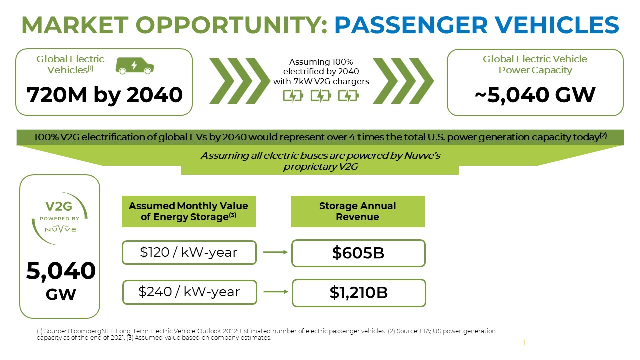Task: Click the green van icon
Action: (x=134, y=65)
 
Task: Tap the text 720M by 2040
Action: (x=104, y=95)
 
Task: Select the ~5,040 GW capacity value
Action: (x=535, y=95)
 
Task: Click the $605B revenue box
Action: (x=358, y=253)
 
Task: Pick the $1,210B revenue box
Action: (x=358, y=293)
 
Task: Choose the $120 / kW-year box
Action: (x=189, y=253)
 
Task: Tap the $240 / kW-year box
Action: (x=189, y=292)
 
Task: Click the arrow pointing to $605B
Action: (x=275, y=252)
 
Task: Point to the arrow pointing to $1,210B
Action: (x=275, y=291)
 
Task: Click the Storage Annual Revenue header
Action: (x=357, y=211)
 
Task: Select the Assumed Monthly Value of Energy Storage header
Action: (x=188, y=211)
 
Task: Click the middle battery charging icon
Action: (x=320, y=95)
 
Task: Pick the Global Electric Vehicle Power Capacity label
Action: (x=535, y=65)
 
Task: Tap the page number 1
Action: (x=524, y=343)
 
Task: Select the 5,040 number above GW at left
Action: (x=60, y=271)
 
